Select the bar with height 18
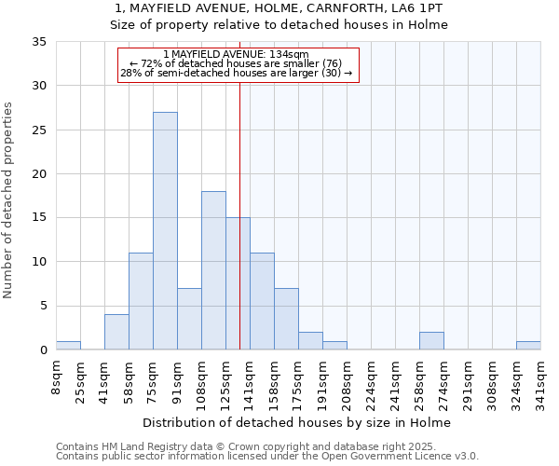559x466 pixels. click(213, 270)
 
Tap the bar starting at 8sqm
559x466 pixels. click(68, 345)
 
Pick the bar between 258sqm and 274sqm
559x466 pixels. click(431, 341)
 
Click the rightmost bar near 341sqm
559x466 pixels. click(528, 345)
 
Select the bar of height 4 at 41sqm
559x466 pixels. click(116, 332)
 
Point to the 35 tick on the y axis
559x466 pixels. click(40, 42)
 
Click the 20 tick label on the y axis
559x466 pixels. click(40, 174)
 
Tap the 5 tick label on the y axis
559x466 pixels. click(44, 306)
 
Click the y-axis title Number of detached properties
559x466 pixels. click(9, 200)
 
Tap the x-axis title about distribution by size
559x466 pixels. click(298, 422)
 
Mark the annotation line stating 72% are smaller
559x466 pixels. click(238, 64)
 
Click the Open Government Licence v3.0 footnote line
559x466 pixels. click(267, 457)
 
